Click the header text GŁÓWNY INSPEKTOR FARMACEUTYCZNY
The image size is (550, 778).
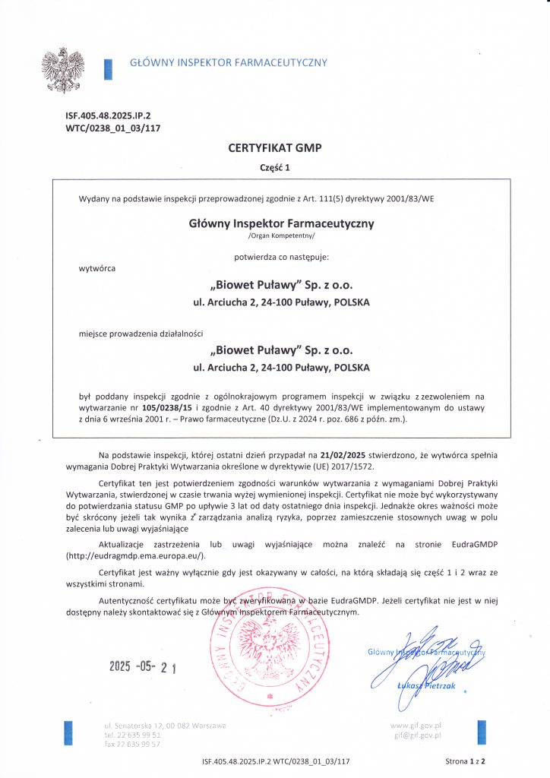(x=229, y=62)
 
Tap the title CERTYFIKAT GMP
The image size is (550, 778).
(x=274, y=148)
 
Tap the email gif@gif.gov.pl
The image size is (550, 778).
(x=417, y=735)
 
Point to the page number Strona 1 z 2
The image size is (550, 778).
(x=465, y=761)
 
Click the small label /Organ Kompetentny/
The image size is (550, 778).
(x=274, y=236)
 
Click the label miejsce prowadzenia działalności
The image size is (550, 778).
(x=141, y=333)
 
